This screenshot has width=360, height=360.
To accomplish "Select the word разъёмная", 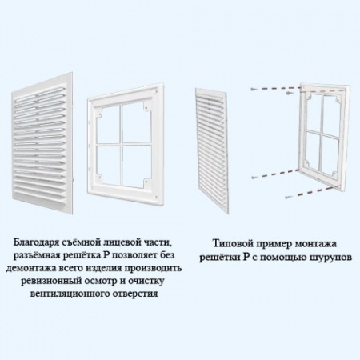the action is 34,255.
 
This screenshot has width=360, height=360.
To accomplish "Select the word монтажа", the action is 316,244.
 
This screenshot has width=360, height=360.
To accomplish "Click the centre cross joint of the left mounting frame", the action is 121,145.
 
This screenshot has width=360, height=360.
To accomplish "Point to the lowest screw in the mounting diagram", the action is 287,198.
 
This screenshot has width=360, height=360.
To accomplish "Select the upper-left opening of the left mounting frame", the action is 108,124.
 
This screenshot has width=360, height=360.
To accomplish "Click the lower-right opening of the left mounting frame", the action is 136,166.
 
